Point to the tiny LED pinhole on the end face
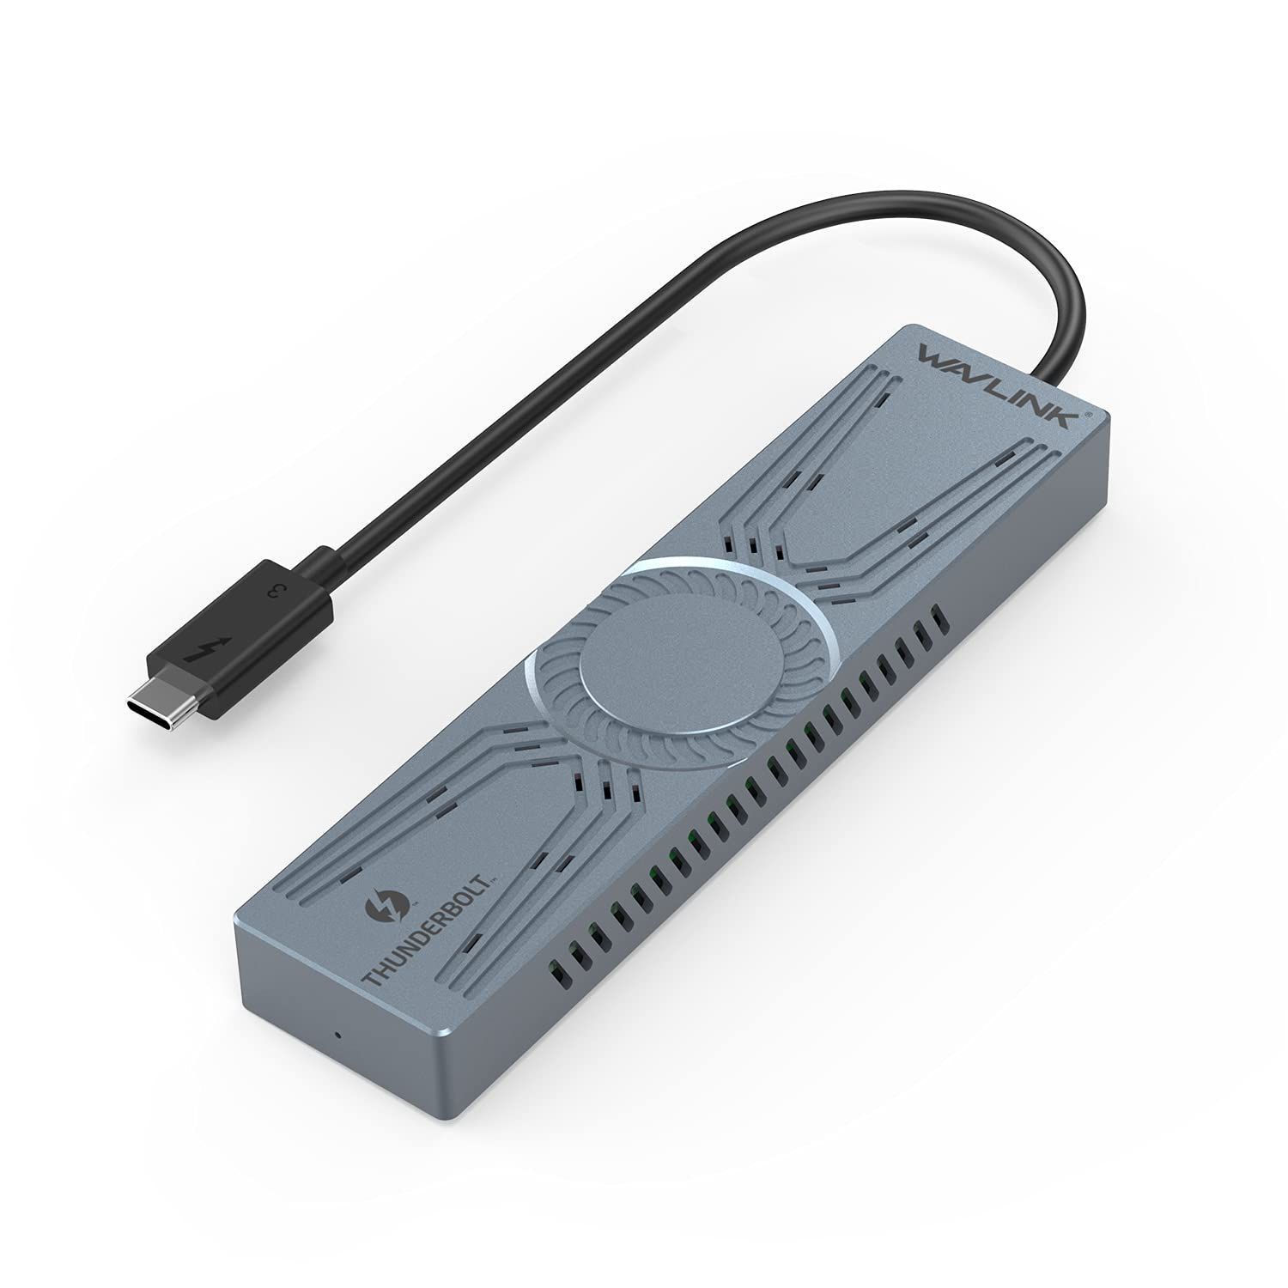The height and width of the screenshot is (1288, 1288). [x=337, y=1033]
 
